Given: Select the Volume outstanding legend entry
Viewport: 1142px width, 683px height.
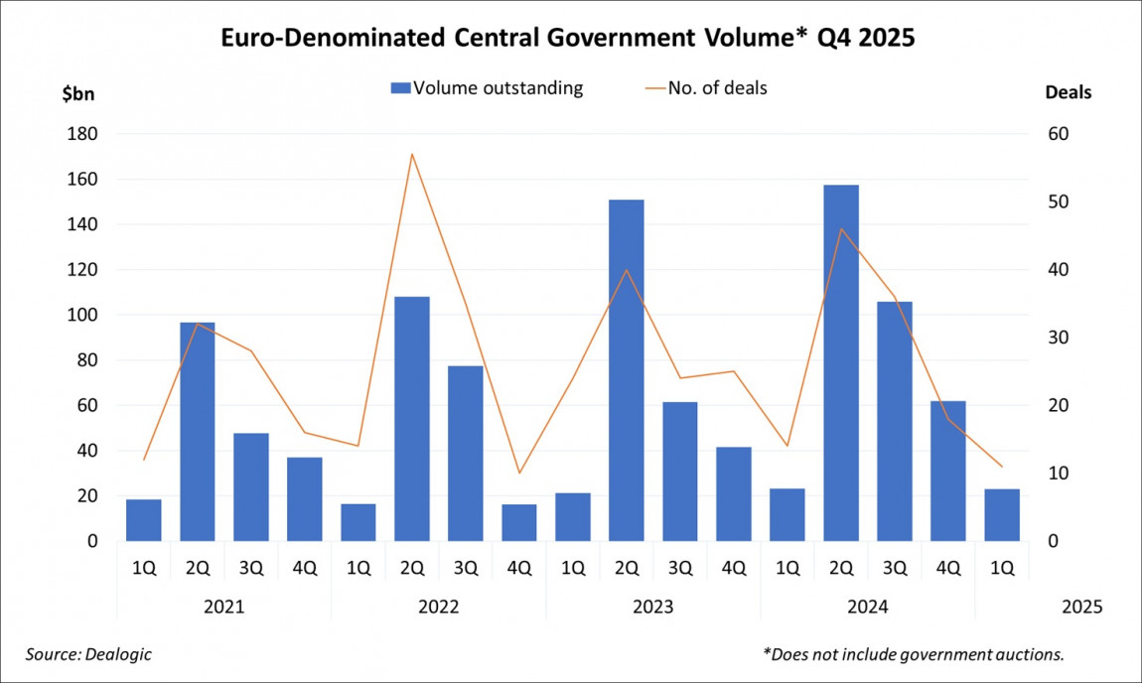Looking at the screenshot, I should click(487, 87).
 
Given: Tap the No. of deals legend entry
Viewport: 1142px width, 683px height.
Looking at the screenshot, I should click(707, 87).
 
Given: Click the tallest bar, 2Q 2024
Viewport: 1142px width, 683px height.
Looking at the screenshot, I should click(841, 362).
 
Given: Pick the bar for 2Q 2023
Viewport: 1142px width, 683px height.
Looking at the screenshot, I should click(626, 370).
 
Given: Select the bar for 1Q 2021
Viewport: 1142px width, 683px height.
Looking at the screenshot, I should click(144, 520).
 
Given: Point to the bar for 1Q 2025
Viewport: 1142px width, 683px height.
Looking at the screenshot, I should click(1002, 514).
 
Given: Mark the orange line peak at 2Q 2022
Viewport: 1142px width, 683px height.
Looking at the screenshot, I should click(411, 154).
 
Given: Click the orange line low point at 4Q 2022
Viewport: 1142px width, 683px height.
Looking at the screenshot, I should click(518, 473).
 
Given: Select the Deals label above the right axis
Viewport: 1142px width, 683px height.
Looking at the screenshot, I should click(1068, 92).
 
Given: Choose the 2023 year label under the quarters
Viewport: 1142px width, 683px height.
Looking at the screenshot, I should click(652, 606).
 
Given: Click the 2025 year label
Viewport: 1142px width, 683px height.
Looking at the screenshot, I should click(1081, 606).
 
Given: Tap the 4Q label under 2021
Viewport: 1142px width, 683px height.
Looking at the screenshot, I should click(304, 569).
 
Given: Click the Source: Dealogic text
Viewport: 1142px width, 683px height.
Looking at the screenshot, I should click(89, 653).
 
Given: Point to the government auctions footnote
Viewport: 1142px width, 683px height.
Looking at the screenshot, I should click(913, 653).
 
